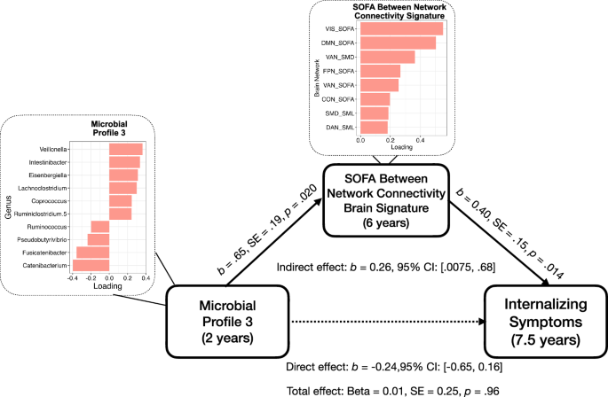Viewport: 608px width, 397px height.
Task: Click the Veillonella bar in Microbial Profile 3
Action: pos(125,149)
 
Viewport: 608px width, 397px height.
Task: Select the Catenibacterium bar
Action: pos(91,265)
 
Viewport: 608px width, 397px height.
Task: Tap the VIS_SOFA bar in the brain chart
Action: pos(400,28)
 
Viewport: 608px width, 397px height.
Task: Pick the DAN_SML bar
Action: pos(373,128)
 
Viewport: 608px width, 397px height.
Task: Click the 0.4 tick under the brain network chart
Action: pos(421,140)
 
